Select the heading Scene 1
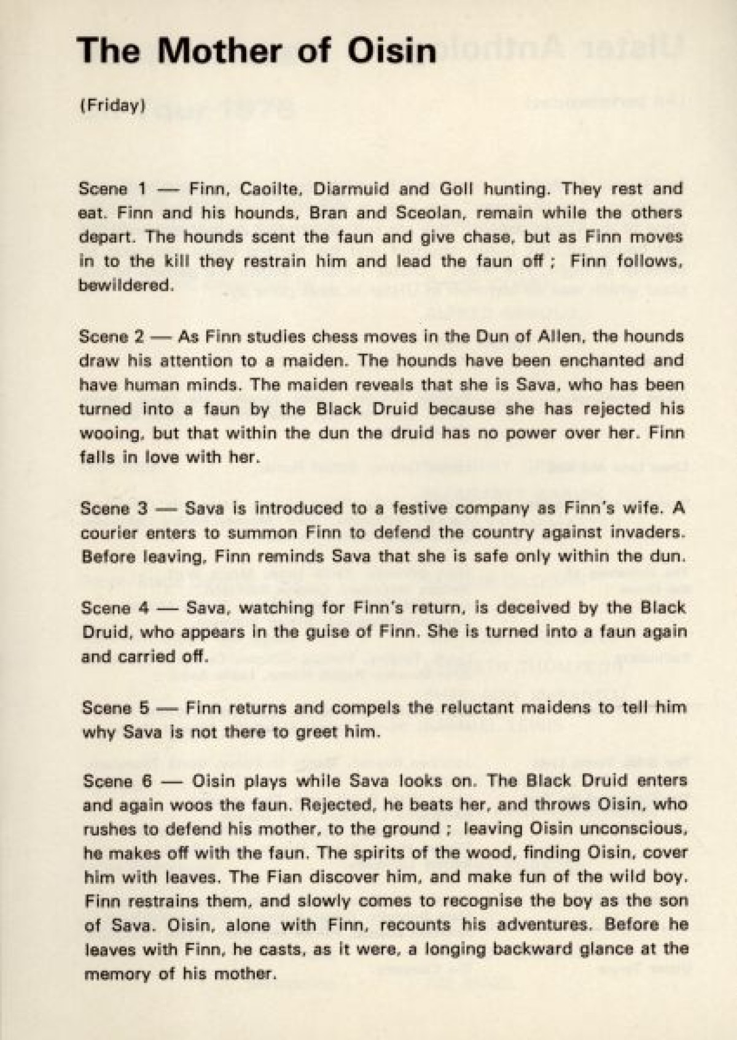[x=112, y=188]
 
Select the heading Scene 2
[x=112, y=336]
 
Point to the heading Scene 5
[x=115, y=707]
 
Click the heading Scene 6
[x=115, y=781]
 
